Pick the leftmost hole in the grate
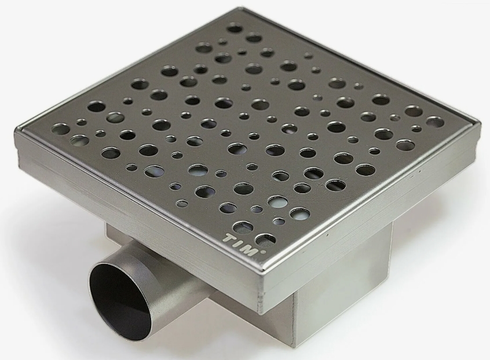point(61,129)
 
